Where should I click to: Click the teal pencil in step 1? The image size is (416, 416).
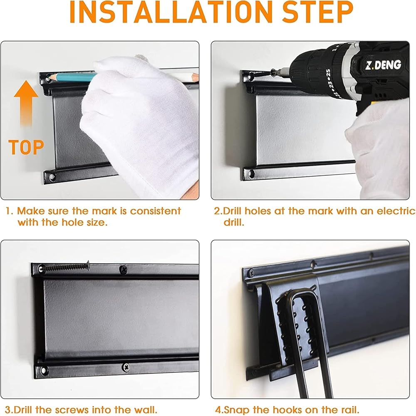coord(72,77)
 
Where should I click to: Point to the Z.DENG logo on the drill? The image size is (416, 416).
coord(383,65)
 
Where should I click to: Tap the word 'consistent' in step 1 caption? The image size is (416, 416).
coord(156,211)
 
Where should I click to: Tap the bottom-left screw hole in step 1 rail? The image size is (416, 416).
coord(52,176)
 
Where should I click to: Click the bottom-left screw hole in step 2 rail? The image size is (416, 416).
coord(251,174)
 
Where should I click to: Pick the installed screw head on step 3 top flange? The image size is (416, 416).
coord(123,270)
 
